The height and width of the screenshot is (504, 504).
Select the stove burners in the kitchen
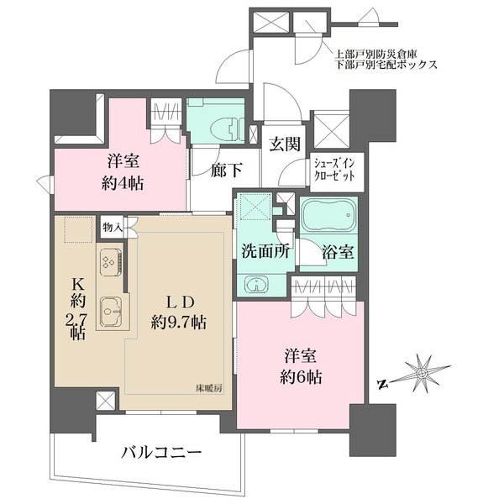109,261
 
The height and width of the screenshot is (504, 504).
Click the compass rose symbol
423,372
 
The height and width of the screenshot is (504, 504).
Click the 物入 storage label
113,226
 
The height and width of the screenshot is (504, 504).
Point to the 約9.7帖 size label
173,323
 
